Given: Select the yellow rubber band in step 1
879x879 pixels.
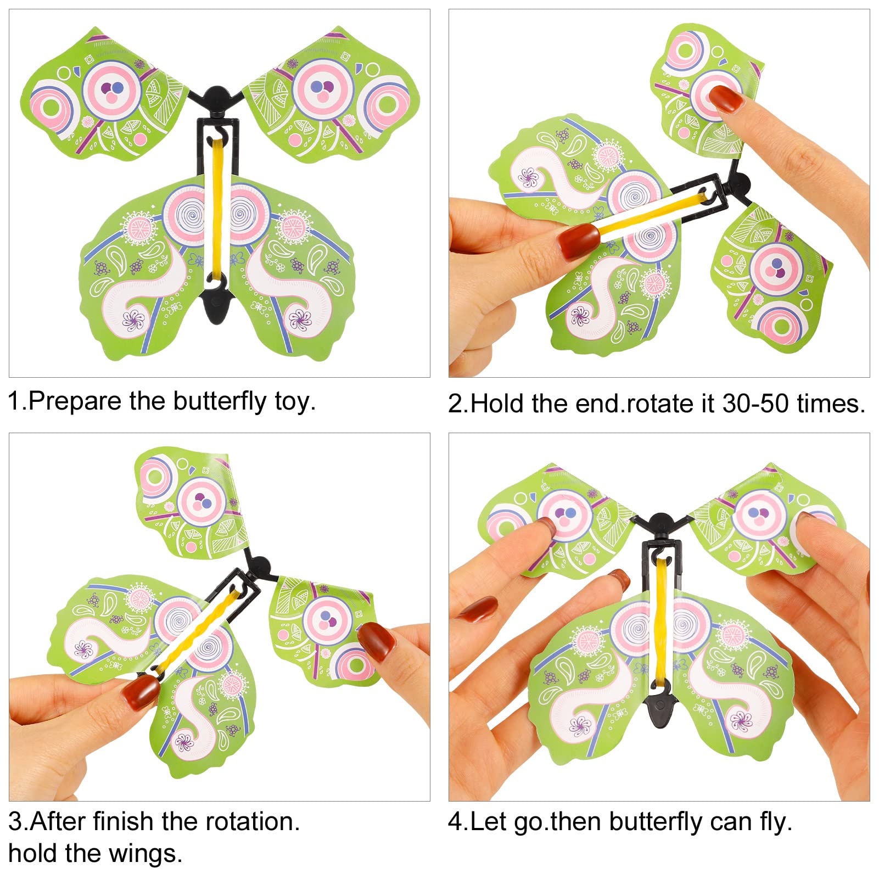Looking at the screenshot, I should tap(217, 209).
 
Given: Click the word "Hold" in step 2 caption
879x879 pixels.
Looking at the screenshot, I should tap(498, 404).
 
